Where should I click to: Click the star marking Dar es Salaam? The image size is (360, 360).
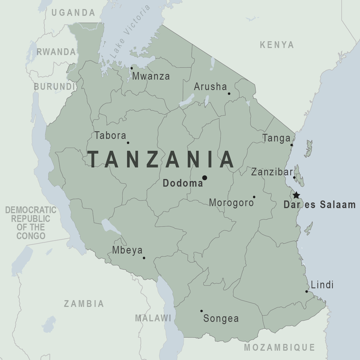[x=296, y=195]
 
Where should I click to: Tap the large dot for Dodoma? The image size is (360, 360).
[x=205, y=178]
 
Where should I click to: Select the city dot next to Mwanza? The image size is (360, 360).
[x=132, y=68]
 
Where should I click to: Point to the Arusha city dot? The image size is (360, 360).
[x=229, y=93]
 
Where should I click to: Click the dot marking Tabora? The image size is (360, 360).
[x=128, y=143]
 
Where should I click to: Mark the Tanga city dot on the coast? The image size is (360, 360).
[x=292, y=145]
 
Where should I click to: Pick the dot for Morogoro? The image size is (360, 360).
[x=254, y=197]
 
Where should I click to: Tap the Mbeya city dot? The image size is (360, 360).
[x=144, y=258]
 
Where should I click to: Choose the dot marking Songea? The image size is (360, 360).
[x=201, y=311]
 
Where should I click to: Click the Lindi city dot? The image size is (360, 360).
[x=307, y=291]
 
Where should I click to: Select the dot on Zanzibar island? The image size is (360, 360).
[x=294, y=177]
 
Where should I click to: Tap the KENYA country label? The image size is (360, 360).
[x=277, y=45]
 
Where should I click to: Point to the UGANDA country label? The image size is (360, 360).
[x=73, y=13]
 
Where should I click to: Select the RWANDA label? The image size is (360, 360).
[x=56, y=52]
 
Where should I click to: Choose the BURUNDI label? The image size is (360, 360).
[x=54, y=87]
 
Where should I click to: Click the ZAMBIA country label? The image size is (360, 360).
[x=84, y=304]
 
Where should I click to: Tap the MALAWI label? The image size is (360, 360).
[x=153, y=318]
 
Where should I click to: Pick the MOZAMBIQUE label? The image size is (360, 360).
[x=279, y=347]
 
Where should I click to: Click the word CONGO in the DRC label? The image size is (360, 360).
[x=31, y=236]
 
